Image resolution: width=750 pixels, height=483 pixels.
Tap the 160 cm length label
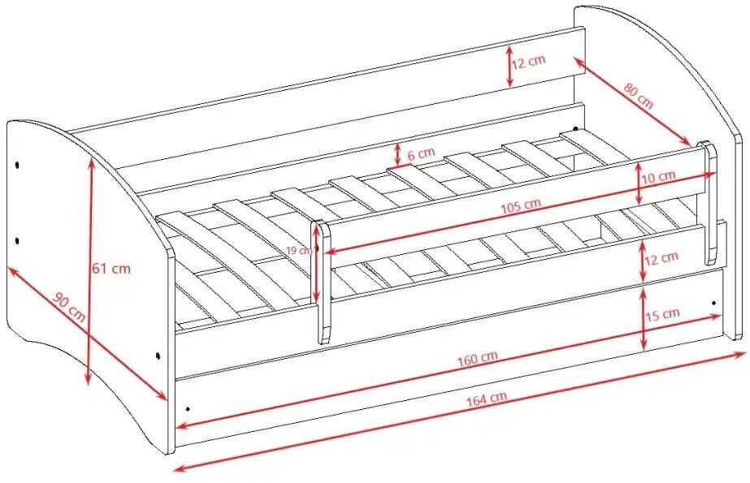click(477, 358)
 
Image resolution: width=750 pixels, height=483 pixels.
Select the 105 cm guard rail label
click(521, 206)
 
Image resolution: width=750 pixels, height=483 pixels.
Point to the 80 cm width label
click(638, 95)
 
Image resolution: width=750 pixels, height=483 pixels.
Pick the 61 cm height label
click(111, 269)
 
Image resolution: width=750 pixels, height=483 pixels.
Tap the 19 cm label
click(299, 250)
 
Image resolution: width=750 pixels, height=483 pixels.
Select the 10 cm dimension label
click(658, 177)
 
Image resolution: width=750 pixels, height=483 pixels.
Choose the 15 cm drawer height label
click(662, 314)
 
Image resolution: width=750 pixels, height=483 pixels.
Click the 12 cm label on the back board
click(528, 63)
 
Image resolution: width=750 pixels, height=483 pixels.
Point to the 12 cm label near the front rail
click(661, 258)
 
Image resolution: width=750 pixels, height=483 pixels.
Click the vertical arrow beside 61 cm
click(89, 270)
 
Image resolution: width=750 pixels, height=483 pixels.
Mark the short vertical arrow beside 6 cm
click(397, 155)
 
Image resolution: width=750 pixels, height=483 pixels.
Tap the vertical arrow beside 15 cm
click(644, 318)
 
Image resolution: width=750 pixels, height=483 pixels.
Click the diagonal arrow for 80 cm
click(631, 101)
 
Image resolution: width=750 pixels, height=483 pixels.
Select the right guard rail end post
click(709, 203)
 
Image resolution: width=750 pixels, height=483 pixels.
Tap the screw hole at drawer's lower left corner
click(188, 409)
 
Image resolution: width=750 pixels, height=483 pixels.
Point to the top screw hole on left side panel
click(17, 166)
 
